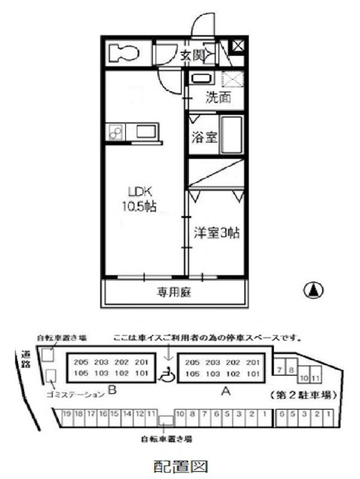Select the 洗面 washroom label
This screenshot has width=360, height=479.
point(218,98)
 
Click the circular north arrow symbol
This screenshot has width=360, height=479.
point(313,291)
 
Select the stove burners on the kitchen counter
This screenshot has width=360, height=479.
point(116,131)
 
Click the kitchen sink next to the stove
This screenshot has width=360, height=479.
point(146,131)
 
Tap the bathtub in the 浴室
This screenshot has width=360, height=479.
point(232,135)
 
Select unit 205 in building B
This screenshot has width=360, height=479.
point(81,362)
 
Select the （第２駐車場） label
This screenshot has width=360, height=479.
point(303,394)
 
